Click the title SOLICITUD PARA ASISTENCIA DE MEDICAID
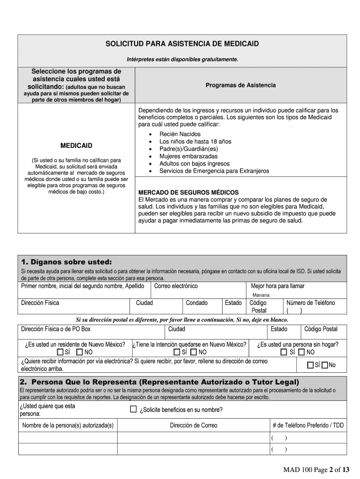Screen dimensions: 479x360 click(182, 44)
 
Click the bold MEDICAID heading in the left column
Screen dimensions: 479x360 click(76, 145)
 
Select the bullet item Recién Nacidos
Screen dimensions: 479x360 click(180, 134)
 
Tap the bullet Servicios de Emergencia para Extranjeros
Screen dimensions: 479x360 click(214, 171)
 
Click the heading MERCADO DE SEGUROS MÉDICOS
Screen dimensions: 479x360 click(188, 192)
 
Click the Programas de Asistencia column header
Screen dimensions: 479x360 click(240, 85)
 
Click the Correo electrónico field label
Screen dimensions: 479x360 click(176, 286)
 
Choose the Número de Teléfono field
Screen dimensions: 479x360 click(310, 303)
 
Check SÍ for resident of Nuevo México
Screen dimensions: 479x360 click(60, 352)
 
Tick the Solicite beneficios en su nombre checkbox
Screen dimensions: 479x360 click(133, 409)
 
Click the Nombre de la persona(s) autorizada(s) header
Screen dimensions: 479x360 click(68, 425)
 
